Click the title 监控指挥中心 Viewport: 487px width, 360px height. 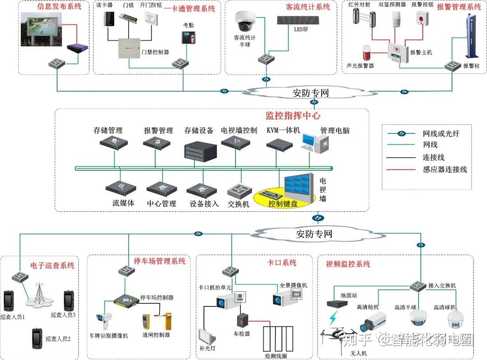tap(293, 115)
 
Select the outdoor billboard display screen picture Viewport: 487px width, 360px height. tap(41, 31)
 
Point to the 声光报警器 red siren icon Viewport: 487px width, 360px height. tap(366, 53)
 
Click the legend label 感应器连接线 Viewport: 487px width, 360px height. tap(445, 169)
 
